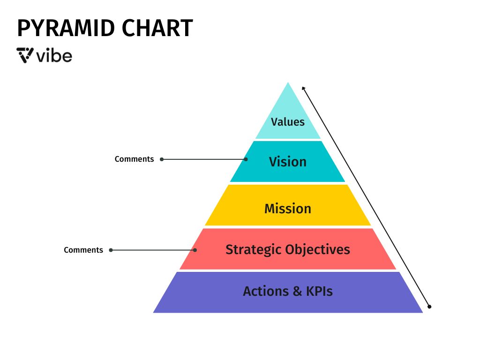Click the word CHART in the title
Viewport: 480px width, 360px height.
point(157,28)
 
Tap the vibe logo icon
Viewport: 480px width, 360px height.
point(25,55)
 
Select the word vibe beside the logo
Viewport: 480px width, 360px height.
point(54,55)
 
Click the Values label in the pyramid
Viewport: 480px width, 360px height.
point(288,122)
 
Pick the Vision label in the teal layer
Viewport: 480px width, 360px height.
point(288,162)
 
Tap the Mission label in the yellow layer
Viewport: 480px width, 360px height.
point(288,209)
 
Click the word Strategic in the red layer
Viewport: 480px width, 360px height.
point(254,250)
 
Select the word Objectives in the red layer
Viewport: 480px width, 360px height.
point(318,250)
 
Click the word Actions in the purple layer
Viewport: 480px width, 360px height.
point(266,291)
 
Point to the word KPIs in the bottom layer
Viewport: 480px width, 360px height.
point(319,291)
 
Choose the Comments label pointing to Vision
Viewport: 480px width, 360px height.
point(134,159)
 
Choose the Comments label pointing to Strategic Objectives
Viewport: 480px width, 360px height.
point(83,250)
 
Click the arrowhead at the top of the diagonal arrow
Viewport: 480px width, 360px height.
point(303,89)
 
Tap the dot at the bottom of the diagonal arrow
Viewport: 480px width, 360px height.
point(429,307)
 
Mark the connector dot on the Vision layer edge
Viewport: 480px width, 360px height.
point(246,159)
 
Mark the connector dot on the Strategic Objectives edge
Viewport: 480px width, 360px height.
point(195,250)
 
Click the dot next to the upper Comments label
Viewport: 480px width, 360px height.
point(162,159)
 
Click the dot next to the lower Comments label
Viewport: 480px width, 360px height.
point(111,250)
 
